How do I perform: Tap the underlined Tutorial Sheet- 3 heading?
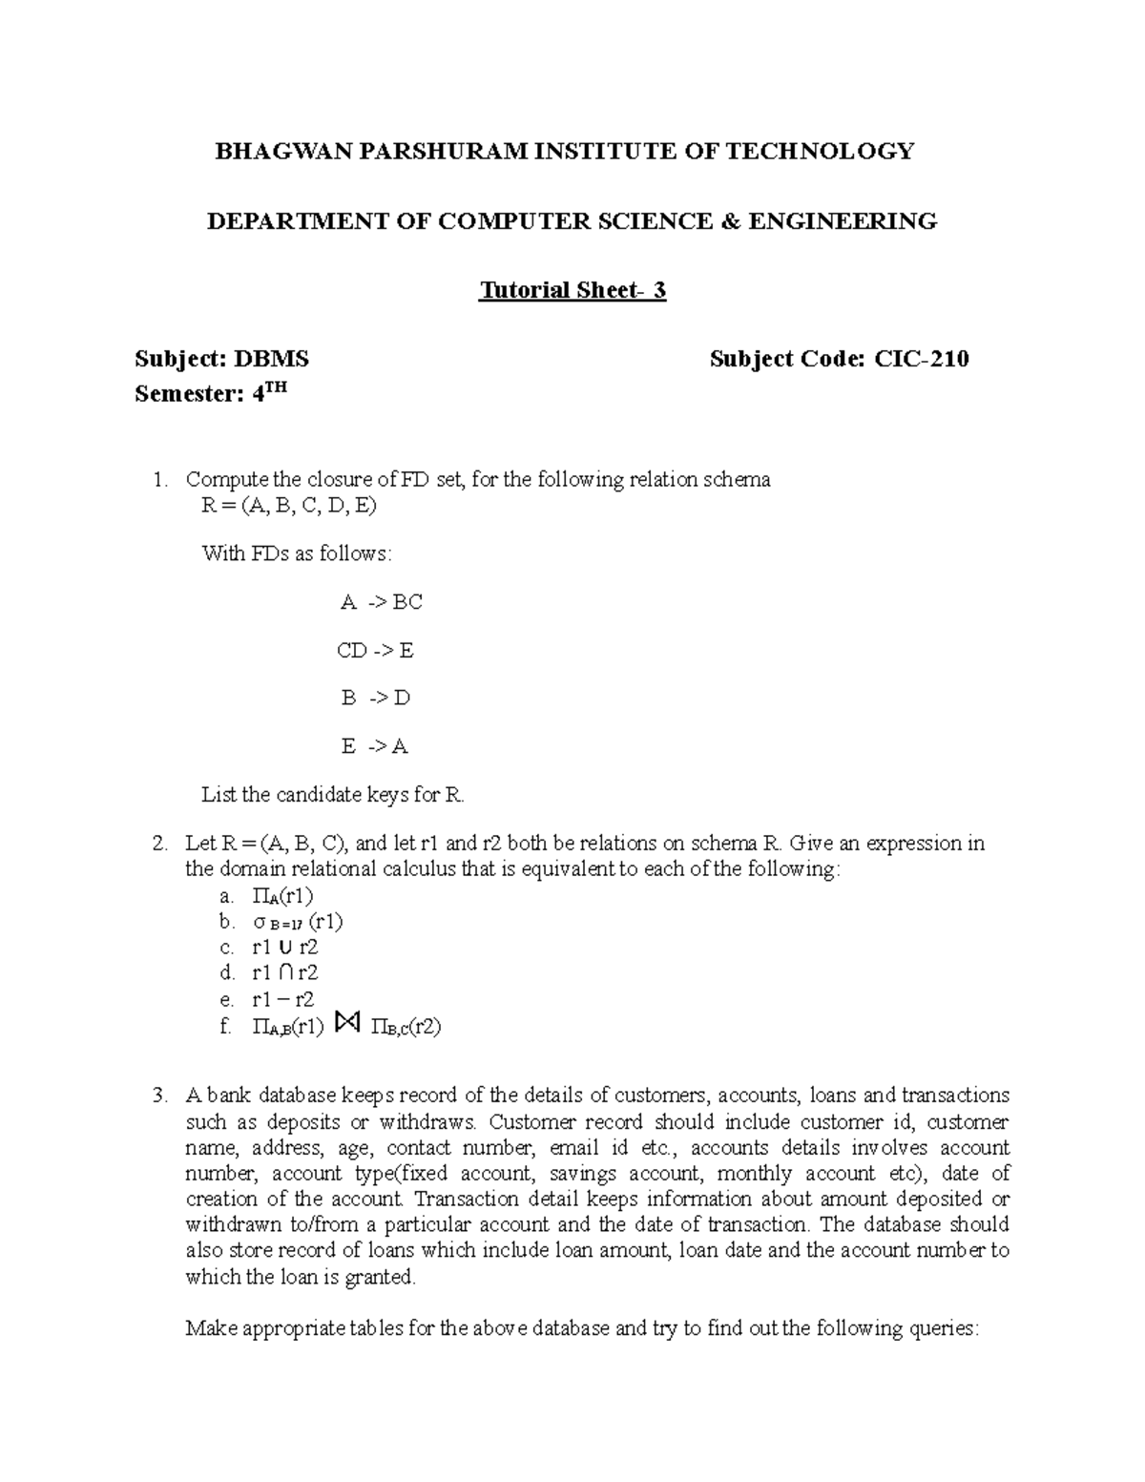[572, 290]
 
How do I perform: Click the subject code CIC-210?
[922, 359]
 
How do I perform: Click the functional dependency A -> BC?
[381, 602]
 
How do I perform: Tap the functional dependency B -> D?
[375, 698]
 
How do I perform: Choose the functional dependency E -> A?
[374, 746]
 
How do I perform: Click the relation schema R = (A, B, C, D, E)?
[289, 506]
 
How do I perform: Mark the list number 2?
[158, 844]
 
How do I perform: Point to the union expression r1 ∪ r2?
[284, 948]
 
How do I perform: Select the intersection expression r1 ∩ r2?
[284, 973]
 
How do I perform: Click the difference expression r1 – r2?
[281, 1000]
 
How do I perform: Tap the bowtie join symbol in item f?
[347, 1025]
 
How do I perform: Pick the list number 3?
[158, 1096]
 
